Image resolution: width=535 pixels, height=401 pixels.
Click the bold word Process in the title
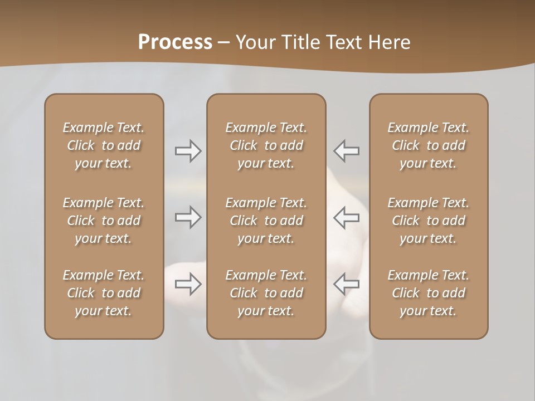[x=175, y=42]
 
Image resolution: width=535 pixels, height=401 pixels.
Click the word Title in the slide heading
[x=300, y=42]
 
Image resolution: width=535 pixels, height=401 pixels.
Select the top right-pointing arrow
[x=188, y=151]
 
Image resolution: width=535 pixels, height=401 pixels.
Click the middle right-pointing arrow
[x=188, y=217]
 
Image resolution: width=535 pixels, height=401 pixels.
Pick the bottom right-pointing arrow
[x=188, y=284]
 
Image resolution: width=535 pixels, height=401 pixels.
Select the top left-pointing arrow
[x=347, y=151]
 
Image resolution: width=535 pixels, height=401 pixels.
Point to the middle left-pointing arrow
[x=347, y=217]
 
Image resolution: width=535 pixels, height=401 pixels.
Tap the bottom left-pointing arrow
[x=347, y=284]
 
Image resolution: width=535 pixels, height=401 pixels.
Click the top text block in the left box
[x=104, y=145]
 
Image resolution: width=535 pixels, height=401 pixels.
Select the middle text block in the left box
[x=104, y=221]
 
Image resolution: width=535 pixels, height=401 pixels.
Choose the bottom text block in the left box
[x=104, y=293]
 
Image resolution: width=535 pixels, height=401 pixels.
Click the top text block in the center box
[x=266, y=145]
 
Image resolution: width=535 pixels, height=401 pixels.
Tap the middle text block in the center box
[x=266, y=221]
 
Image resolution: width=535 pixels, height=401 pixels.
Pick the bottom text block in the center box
[x=266, y=293]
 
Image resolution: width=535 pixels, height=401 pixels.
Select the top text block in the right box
[x=429, y=145]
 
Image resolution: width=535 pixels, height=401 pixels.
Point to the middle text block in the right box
[x=429, y=221]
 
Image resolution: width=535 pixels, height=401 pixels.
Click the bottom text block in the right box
[x=429, y=293]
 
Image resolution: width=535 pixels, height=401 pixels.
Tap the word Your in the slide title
[x=254, y=42]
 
